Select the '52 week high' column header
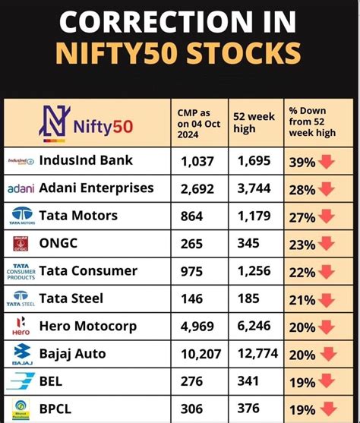point(254,122)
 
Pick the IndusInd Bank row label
point(86,160)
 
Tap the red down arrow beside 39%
point(327,161)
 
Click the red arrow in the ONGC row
point(327,245)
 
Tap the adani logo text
point(21,188)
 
